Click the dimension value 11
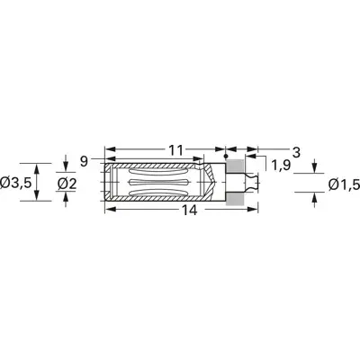tap(175, 150)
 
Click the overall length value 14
tap(190, 211)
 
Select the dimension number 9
tap(85, 162)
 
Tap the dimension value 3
tap(296, 153)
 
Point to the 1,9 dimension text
tap(281, 166)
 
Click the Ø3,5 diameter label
tap(16, 183)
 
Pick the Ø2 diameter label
tap(67, 184)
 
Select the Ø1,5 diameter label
tap(344, 184)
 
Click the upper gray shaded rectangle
tap(234, 166)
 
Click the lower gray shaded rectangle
tap(234, 198)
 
